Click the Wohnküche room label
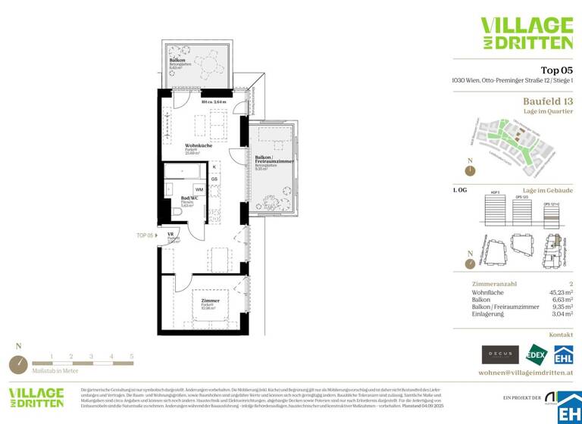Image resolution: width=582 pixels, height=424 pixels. click(x=199, y=145)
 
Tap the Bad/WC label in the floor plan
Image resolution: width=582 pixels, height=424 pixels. click(x=189, y=198)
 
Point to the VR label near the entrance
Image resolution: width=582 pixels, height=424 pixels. click(x=171, y=235)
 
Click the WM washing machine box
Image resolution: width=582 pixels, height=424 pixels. click(x=199, y=189)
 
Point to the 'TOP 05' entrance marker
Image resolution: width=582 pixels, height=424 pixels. click(x=146, y=235)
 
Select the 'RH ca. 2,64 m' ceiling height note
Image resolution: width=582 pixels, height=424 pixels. click(x=214, y=101)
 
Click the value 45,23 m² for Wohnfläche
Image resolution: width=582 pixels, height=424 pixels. click(x=559, y=291)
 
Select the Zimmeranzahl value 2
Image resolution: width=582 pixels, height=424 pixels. click(x=570, y=282)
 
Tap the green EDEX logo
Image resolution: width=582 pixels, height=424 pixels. click(x=537, y=354)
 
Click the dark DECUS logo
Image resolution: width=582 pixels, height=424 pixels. click(x=500, y=354)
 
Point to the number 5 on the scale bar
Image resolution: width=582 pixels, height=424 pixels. click(x=131, y=356)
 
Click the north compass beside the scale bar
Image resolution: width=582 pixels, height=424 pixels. click(x=18, y=363)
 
